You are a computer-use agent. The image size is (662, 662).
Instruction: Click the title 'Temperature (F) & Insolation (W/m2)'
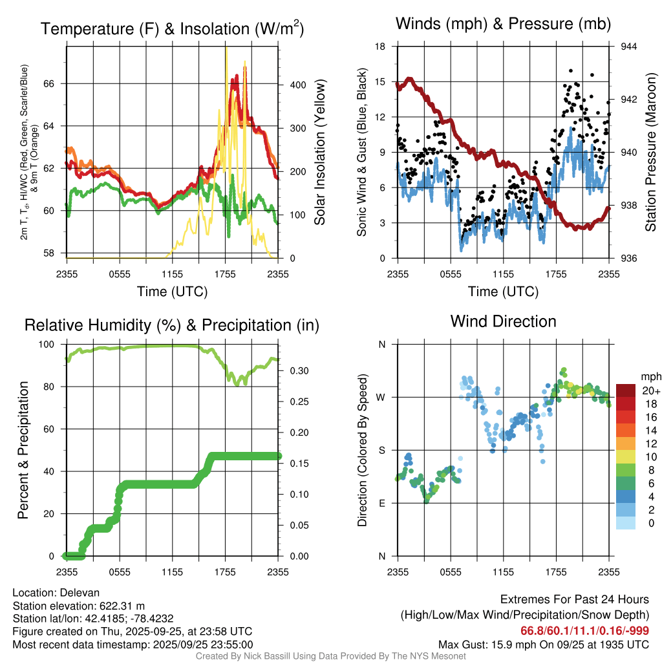pos(172,29)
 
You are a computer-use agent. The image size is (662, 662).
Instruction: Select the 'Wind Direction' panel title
pos(503,321)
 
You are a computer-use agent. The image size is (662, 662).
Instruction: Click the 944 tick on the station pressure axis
pos(628,47)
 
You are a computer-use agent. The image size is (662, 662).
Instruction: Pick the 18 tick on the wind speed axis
pos(381,47)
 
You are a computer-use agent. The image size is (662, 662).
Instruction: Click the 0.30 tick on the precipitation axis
pos(299,371)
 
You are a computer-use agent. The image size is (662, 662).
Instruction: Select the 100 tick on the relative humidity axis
pos(54,345)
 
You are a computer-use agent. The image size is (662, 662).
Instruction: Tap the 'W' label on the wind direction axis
pos(381,397)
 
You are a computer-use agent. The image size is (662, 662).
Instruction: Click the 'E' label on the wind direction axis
pos(382,503)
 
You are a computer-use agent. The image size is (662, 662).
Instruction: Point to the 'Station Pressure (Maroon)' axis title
pos(650,153)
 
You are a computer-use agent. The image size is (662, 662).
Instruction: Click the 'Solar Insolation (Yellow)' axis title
pos(319,153)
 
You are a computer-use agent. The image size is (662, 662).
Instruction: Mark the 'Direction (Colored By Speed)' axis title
pos(363,450)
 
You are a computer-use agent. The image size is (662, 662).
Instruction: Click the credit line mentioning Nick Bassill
pos(330,656)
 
